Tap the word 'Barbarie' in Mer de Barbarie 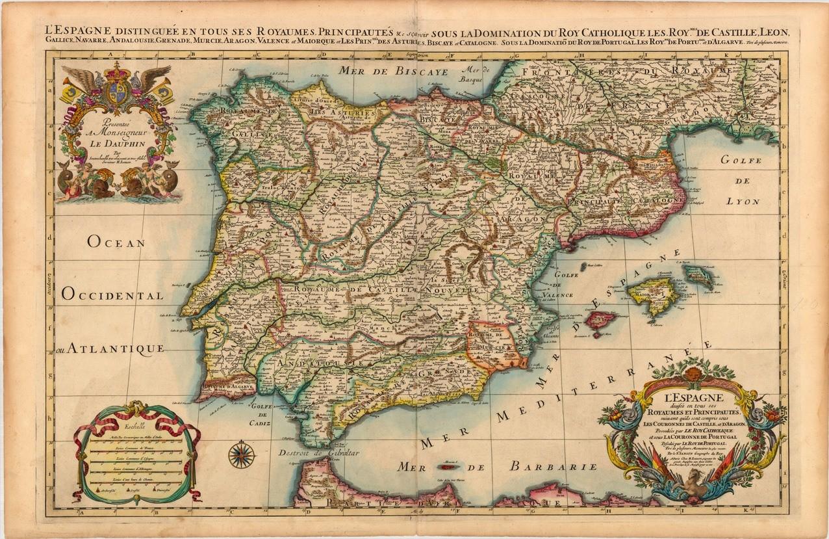[x=553, y=466]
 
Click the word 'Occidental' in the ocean [x=112, y=295]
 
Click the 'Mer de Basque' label [x=478, y=75]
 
